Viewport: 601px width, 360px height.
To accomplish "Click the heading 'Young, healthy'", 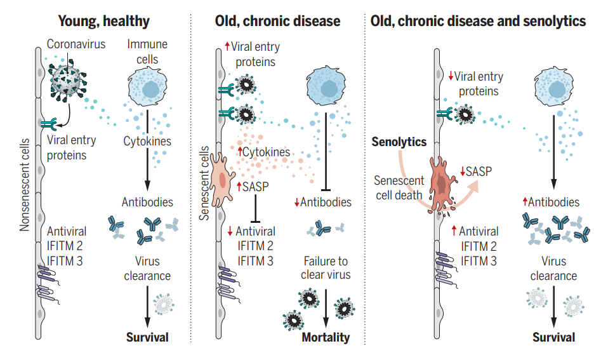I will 104,21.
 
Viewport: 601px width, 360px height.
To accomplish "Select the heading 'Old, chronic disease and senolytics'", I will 478,21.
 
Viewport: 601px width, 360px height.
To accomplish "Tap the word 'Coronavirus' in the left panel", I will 76,44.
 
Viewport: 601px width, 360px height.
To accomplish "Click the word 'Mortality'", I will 326,337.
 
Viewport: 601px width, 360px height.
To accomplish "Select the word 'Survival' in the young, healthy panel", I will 147,337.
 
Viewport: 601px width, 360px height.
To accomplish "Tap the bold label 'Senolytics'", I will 399,142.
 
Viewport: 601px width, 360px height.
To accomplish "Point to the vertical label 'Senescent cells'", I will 204,183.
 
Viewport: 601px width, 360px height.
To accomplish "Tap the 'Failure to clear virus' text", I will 326,268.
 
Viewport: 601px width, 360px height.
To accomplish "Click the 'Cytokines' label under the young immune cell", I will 147,141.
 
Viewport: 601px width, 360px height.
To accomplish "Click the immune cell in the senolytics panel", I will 551,86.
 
